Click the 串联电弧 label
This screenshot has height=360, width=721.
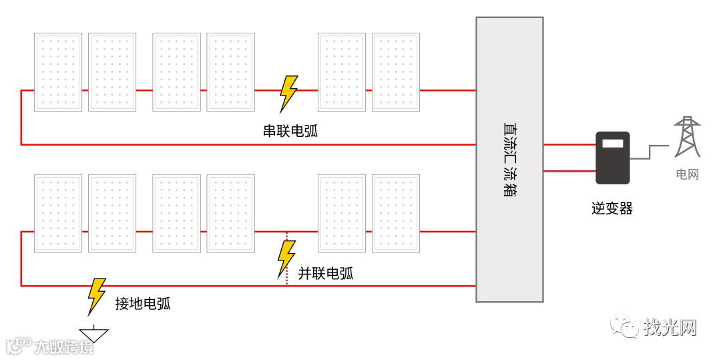tap(290, 131)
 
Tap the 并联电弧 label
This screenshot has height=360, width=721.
tap(326, 273)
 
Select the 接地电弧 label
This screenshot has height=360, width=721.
tap(143, 304)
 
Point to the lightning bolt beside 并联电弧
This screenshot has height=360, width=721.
tap(286, 258)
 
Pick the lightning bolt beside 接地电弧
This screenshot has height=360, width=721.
tap(97, 296)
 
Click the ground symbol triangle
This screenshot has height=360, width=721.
tap(93, 335)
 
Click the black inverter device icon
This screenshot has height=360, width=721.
tap(613, 158)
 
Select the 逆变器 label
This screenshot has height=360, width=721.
tap(612, 209)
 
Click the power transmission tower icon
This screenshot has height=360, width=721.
tap(686, 137)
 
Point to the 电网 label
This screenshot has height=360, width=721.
tap(687, 175)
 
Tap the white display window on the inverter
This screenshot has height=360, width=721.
tap(613, 143)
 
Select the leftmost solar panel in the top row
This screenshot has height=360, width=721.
tap(58, 72)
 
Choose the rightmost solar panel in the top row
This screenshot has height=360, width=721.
tap(396, 72)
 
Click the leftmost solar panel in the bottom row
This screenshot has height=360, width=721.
tap(58, 214)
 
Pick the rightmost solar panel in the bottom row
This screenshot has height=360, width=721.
tap(396, 214)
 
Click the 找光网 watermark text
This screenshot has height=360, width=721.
tap(670, 328)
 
